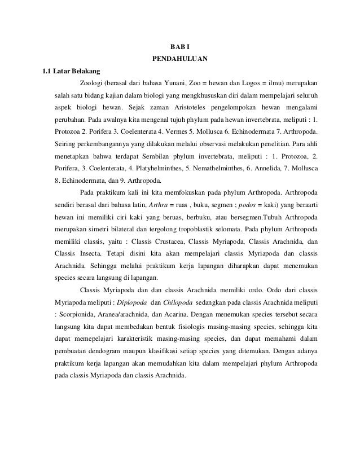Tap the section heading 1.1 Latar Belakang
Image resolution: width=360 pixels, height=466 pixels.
click(x=68, y=71)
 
